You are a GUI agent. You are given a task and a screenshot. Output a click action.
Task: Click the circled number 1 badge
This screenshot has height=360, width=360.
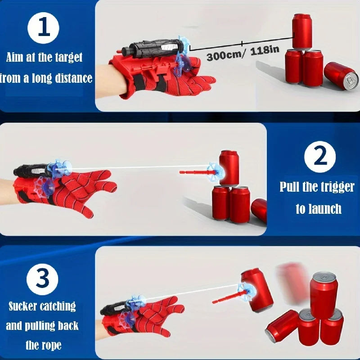43,28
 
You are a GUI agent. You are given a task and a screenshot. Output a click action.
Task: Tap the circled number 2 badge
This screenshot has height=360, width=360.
320,157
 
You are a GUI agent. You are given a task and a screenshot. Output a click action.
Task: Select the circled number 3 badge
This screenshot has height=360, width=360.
42,279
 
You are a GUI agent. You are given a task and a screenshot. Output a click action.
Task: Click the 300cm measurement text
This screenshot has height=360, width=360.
223,55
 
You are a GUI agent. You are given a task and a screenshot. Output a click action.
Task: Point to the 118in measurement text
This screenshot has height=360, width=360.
265,50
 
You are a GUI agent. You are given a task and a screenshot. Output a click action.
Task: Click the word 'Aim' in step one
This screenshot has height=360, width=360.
15,57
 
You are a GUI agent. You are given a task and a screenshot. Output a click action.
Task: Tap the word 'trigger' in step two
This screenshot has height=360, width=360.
337,188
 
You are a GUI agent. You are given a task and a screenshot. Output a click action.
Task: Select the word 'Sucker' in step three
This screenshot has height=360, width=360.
22,306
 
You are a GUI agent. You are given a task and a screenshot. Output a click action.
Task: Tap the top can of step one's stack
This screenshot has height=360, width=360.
302,31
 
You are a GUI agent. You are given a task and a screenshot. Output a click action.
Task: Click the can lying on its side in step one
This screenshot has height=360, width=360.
342,76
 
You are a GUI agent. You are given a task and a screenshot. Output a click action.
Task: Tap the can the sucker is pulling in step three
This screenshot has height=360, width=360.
257,290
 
